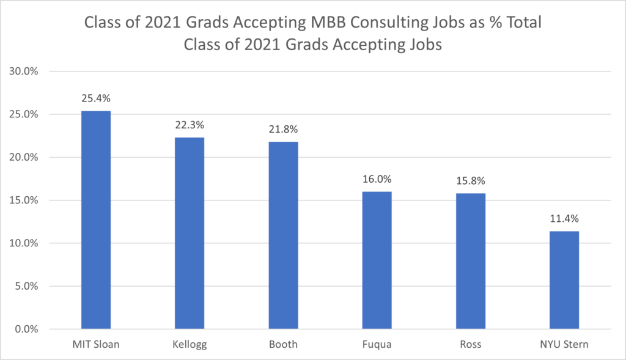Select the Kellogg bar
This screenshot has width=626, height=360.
tap(190, 233)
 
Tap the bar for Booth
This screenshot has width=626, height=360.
tap(283, 235)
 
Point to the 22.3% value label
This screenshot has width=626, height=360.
tap(190, 125)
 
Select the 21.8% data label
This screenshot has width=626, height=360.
tap(283, 129)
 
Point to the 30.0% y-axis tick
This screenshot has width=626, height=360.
tap(24, 72)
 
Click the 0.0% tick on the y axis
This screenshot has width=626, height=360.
tap(26, 329)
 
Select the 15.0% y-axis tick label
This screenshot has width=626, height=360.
tap(24, 200)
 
